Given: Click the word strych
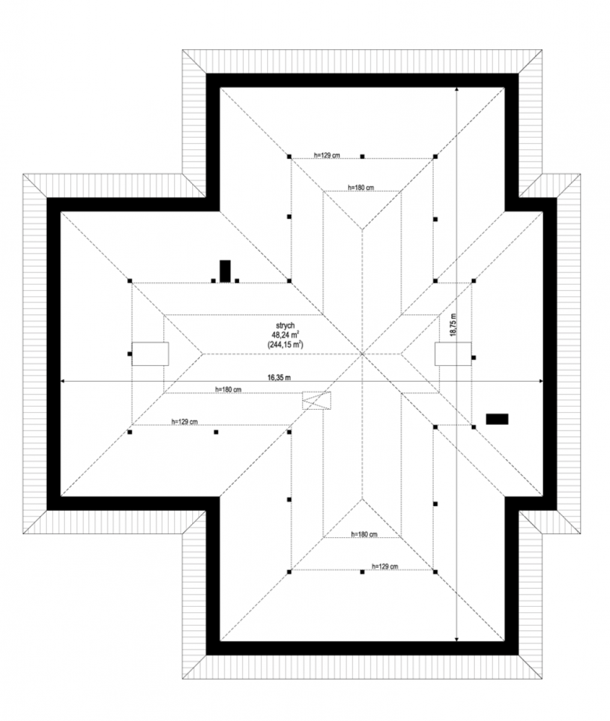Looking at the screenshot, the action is pyautogui.click(x=285, y=326).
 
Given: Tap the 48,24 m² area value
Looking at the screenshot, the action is pyautogui.click(x=285, y=335).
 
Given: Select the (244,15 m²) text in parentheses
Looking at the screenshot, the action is pyautogui.click(x=285, y=345).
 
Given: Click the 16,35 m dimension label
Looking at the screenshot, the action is pyautogui.click(x=279, y=377).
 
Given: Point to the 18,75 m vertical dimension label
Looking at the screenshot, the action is pyautogui.click(x=453, y=324).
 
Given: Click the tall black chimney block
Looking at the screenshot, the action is pyautogui.click(x=225, y=271).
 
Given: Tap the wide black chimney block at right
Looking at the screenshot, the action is pyautogui.click(x=497, y=419).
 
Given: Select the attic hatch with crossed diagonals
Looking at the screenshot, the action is pyautogui.click(x=316, y=400).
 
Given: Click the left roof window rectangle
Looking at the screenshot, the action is pyautogui.click(x=150, y=354).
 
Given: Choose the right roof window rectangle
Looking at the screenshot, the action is pyautogui.click(x=453, y=354).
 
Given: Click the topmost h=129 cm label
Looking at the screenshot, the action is pyautogui.click(x=327, y=155).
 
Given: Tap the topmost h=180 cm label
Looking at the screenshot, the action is pyautogui.click(x=360, y=187).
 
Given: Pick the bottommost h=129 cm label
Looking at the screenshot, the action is pyautogui.click(x=384, y=566).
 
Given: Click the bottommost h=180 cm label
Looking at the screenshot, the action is pyautogui.click(x=364, y=534).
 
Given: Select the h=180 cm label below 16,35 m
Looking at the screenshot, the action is pyautogui.click(x=228, y=389).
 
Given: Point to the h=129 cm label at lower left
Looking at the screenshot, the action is pyautogui.click(x=184, y=421).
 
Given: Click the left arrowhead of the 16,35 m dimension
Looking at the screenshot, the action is pyautogui.click(x=62, y=382).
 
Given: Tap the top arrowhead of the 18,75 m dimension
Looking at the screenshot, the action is pyautogui.click(x=456, y=90).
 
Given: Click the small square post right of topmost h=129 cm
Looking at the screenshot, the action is pyautogui.click(x=362, y=157).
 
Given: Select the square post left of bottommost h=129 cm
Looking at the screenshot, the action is pyautogui.click(x=362, y=572).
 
